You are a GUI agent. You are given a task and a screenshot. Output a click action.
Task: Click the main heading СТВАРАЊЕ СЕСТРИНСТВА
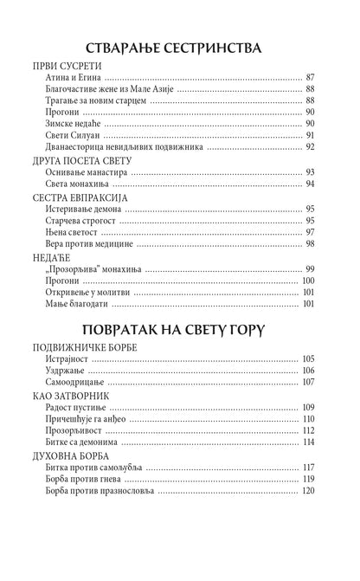click(x=180, y=46)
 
